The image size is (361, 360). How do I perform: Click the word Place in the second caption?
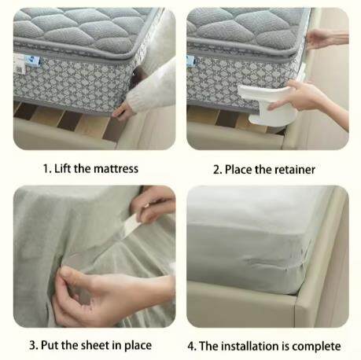coord(241,169)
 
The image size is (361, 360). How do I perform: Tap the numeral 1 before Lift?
coord(46,169)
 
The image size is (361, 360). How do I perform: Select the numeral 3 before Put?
coord(33,345)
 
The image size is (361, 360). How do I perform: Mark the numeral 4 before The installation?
coord(192,345)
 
